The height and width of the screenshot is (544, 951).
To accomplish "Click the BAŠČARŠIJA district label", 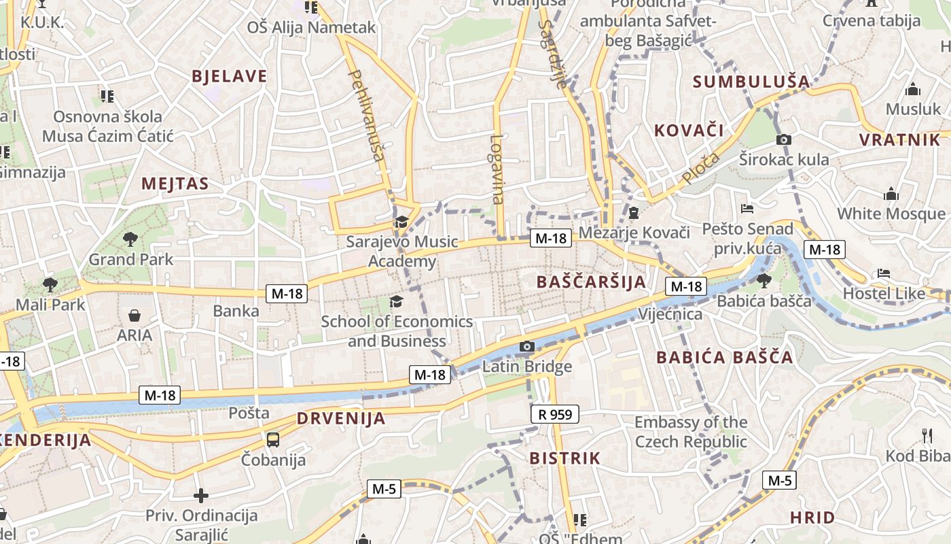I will point(591,282).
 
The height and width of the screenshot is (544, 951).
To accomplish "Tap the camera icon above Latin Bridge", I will point(526,347).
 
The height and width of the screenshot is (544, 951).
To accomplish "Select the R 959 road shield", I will point(554,413).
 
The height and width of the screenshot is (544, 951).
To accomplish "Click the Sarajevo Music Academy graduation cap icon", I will point(401,222).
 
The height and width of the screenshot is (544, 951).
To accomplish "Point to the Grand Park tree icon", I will point(130,239).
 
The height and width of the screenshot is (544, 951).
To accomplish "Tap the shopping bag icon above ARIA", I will point(134,316).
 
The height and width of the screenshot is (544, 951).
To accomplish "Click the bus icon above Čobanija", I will point(273,440).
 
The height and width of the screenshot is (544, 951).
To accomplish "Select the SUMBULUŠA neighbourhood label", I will point(751,82).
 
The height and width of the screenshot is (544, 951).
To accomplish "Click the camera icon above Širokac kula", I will point(784,140).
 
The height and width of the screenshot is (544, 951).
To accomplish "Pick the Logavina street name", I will point(497,169).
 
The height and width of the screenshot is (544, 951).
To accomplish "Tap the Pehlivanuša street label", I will point(367,115).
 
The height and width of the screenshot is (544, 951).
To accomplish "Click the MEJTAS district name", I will point(175,184).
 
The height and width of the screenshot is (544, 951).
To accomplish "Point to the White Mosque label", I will point(891,214).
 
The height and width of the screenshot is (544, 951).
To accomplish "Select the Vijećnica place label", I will point(670,314).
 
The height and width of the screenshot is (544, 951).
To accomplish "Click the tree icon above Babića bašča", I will point(764,279).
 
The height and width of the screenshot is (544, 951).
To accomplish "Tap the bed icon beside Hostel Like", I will point(883,273).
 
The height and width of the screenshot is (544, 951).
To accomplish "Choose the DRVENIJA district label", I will point(341,418).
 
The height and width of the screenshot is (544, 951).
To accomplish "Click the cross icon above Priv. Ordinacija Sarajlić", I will point(201,496).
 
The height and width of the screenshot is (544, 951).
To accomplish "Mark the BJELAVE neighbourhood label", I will point(230,76).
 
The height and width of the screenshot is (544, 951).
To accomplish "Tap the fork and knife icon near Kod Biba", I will point(927,435).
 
